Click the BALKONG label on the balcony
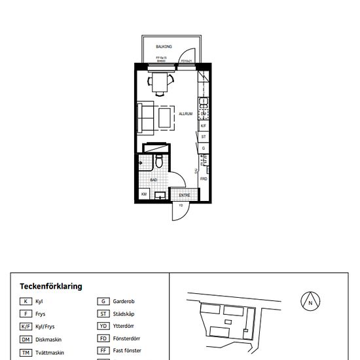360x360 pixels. (x=164, y=47)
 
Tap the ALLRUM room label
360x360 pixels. (x=185, y=113)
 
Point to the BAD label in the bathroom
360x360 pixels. (x=154, y=179)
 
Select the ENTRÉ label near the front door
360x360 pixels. (x=185, y=195)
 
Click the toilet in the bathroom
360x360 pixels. (x=158, y=162)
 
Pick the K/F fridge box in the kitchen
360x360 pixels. (x=204, y=126)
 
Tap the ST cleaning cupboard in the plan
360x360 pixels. (x=204, y=137)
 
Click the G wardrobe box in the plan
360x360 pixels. (x=204, y=149)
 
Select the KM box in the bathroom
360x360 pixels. (x=144, y=194)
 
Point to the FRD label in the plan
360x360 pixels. (x=204, y=179)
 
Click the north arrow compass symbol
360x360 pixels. (x=310, y=302)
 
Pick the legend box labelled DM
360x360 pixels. (x=26, y=340)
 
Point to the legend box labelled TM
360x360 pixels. (x=26, y=353)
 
